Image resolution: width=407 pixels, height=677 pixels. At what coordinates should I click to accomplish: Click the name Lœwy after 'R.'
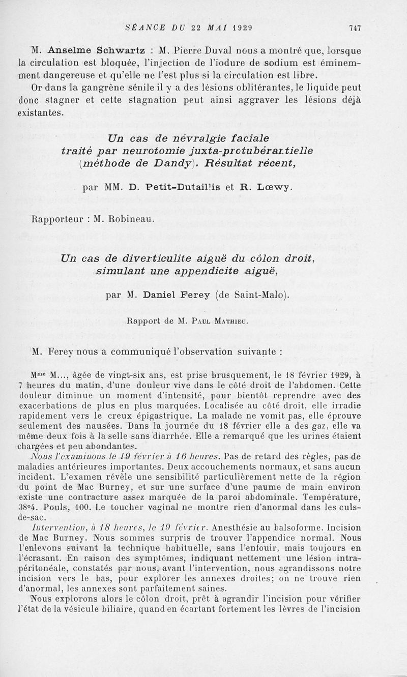[274, 187]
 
